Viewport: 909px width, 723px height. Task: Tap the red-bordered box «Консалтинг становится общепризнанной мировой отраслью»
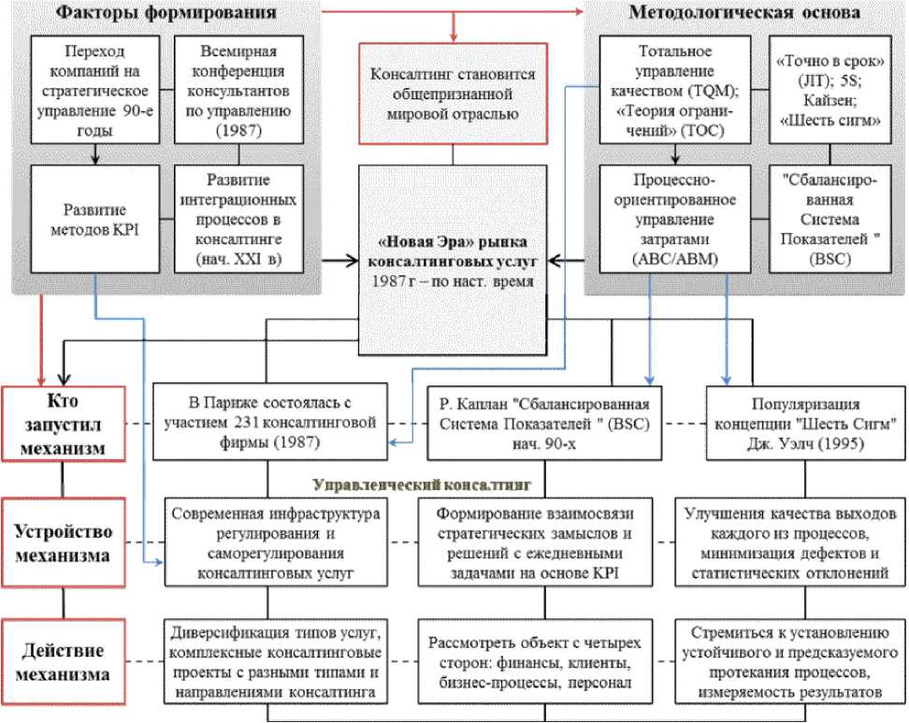[x=452, y=94]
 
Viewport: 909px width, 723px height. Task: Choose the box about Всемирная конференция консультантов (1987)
[x=236, y=93]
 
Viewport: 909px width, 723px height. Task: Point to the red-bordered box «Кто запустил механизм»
[x=63, y=423]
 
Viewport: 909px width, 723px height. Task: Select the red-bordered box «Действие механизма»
[x=63, y=662]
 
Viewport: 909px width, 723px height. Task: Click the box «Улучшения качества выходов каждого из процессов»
[x=791, y=543]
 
